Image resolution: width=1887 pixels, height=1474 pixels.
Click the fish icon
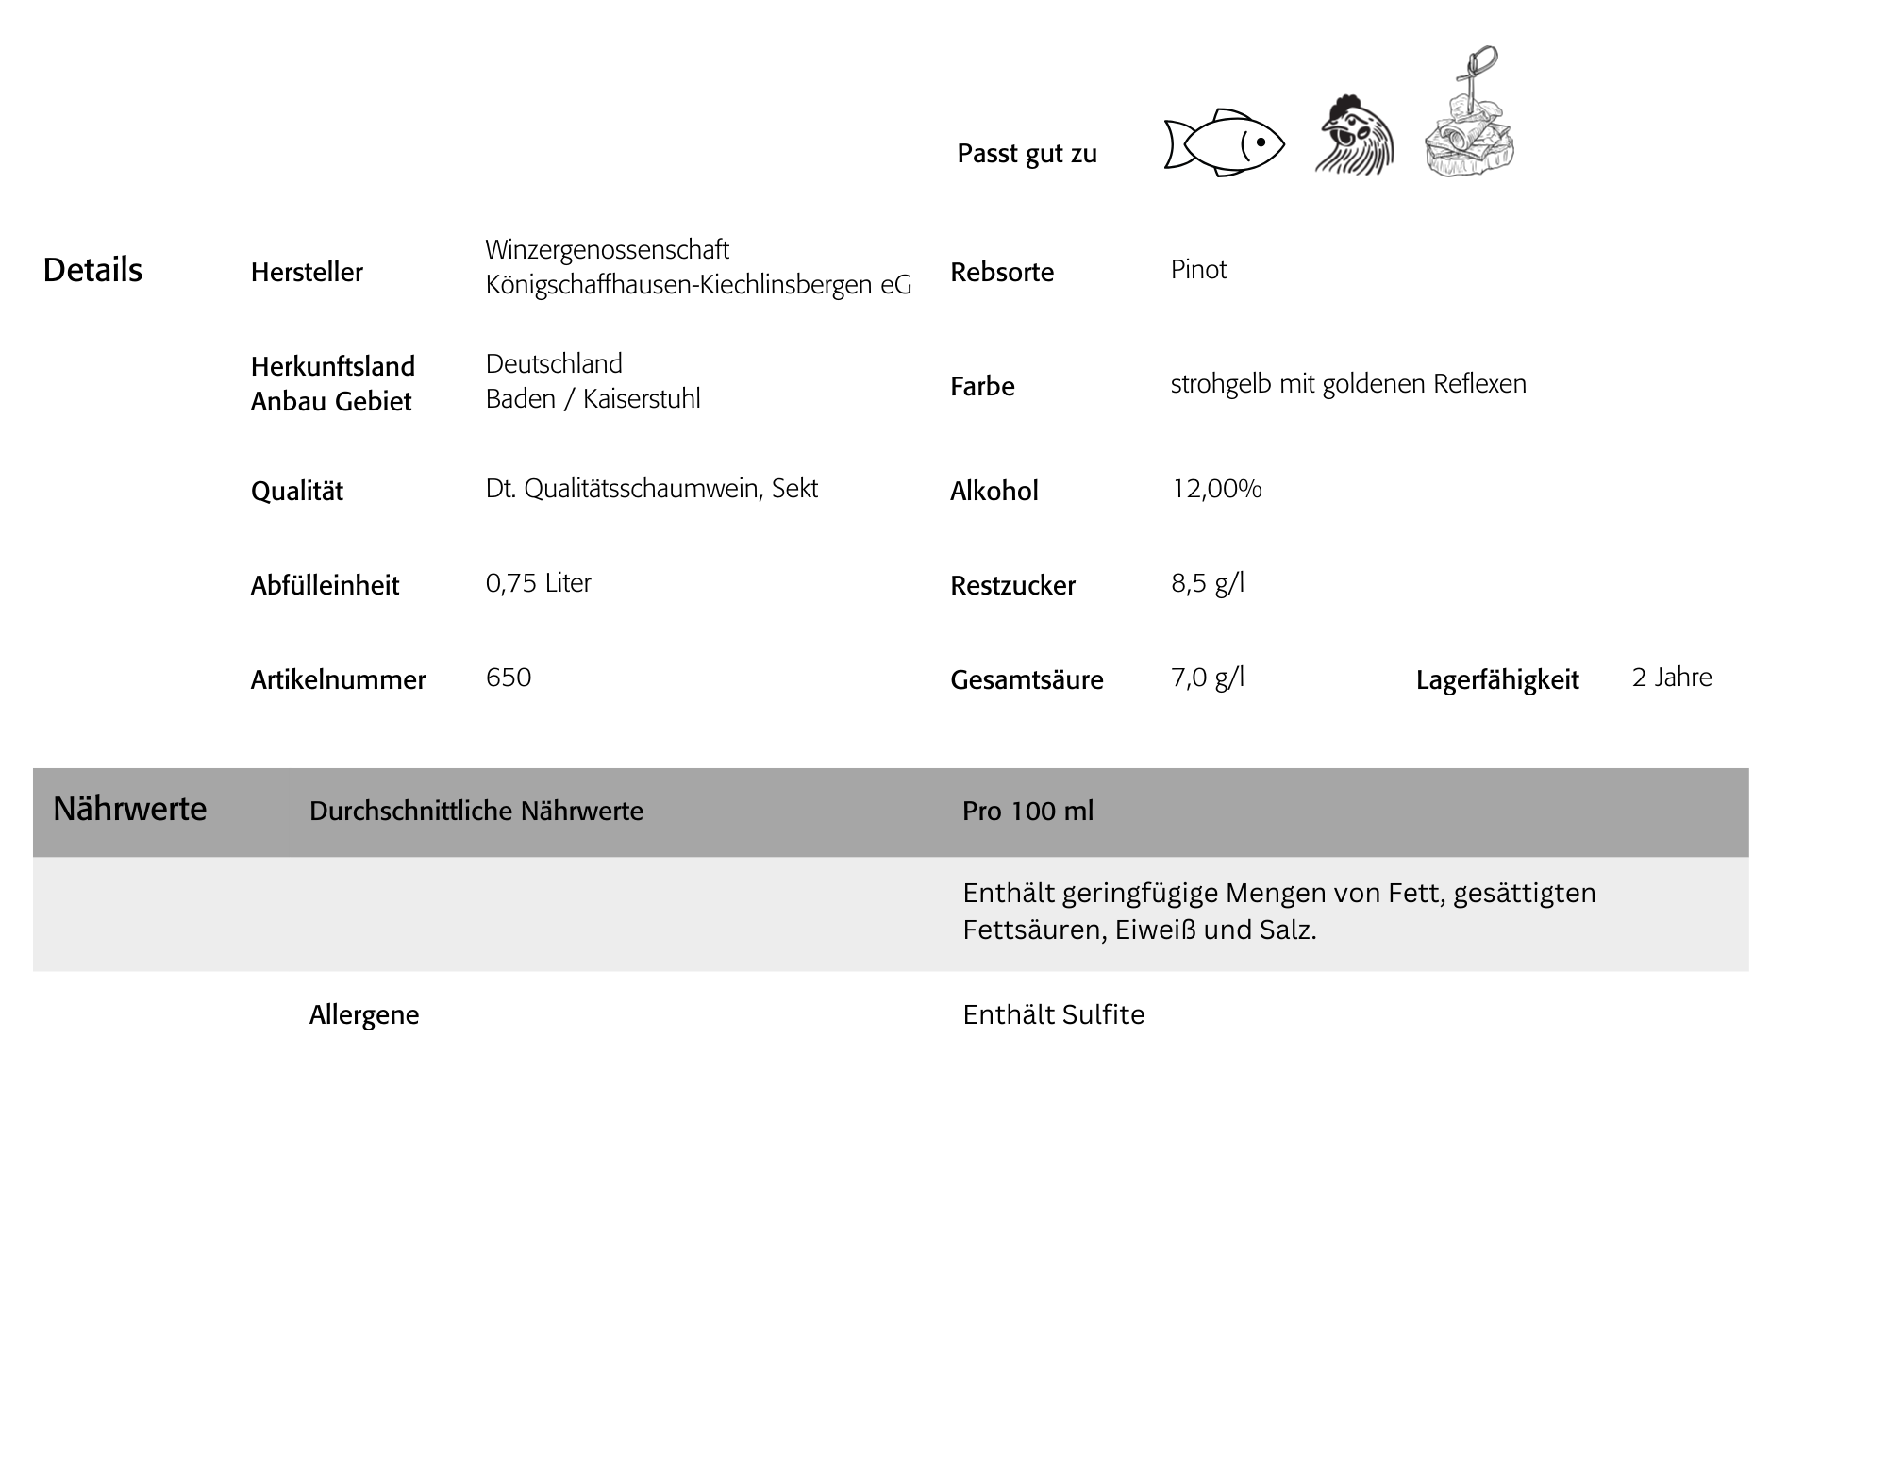click(x=1224, y=143)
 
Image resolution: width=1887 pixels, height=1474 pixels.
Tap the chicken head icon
click(x=1355, y=137)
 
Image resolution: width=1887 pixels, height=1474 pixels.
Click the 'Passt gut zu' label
click(x=1027, y=154)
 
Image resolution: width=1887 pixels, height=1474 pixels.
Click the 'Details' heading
click(x=92, y=271)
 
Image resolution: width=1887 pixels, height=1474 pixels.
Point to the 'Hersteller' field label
click(x=307, y=273)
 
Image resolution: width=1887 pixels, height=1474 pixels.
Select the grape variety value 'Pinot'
click(x=1198, y=270)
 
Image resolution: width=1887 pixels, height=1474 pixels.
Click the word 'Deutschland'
click(x=554, y=364)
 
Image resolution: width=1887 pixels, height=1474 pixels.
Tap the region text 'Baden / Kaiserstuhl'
click(x=593, y=399)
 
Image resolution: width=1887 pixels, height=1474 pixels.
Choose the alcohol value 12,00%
click(x=1216, y=489)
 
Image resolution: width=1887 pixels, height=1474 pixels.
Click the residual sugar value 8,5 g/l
click(x=1208, y=583)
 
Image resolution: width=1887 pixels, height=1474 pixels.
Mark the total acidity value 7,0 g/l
click(x=1208, y=678)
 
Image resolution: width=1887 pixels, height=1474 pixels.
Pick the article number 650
click(x=509, y=678)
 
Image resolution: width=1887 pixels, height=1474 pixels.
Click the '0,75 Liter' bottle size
click(x=538, y=583)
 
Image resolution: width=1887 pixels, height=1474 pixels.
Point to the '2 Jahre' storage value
click(x=1672, y=678)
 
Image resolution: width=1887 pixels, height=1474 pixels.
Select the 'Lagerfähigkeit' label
click(x=1497, y=680)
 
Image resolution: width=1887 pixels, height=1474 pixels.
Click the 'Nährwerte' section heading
click(x=129, y=809)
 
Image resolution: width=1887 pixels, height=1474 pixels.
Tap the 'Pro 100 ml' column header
click(x=1027, y=812)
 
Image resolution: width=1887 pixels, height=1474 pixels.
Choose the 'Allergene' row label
click(x=364, y=1015)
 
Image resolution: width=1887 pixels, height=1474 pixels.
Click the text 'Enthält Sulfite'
click(x=1053, y=1015)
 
